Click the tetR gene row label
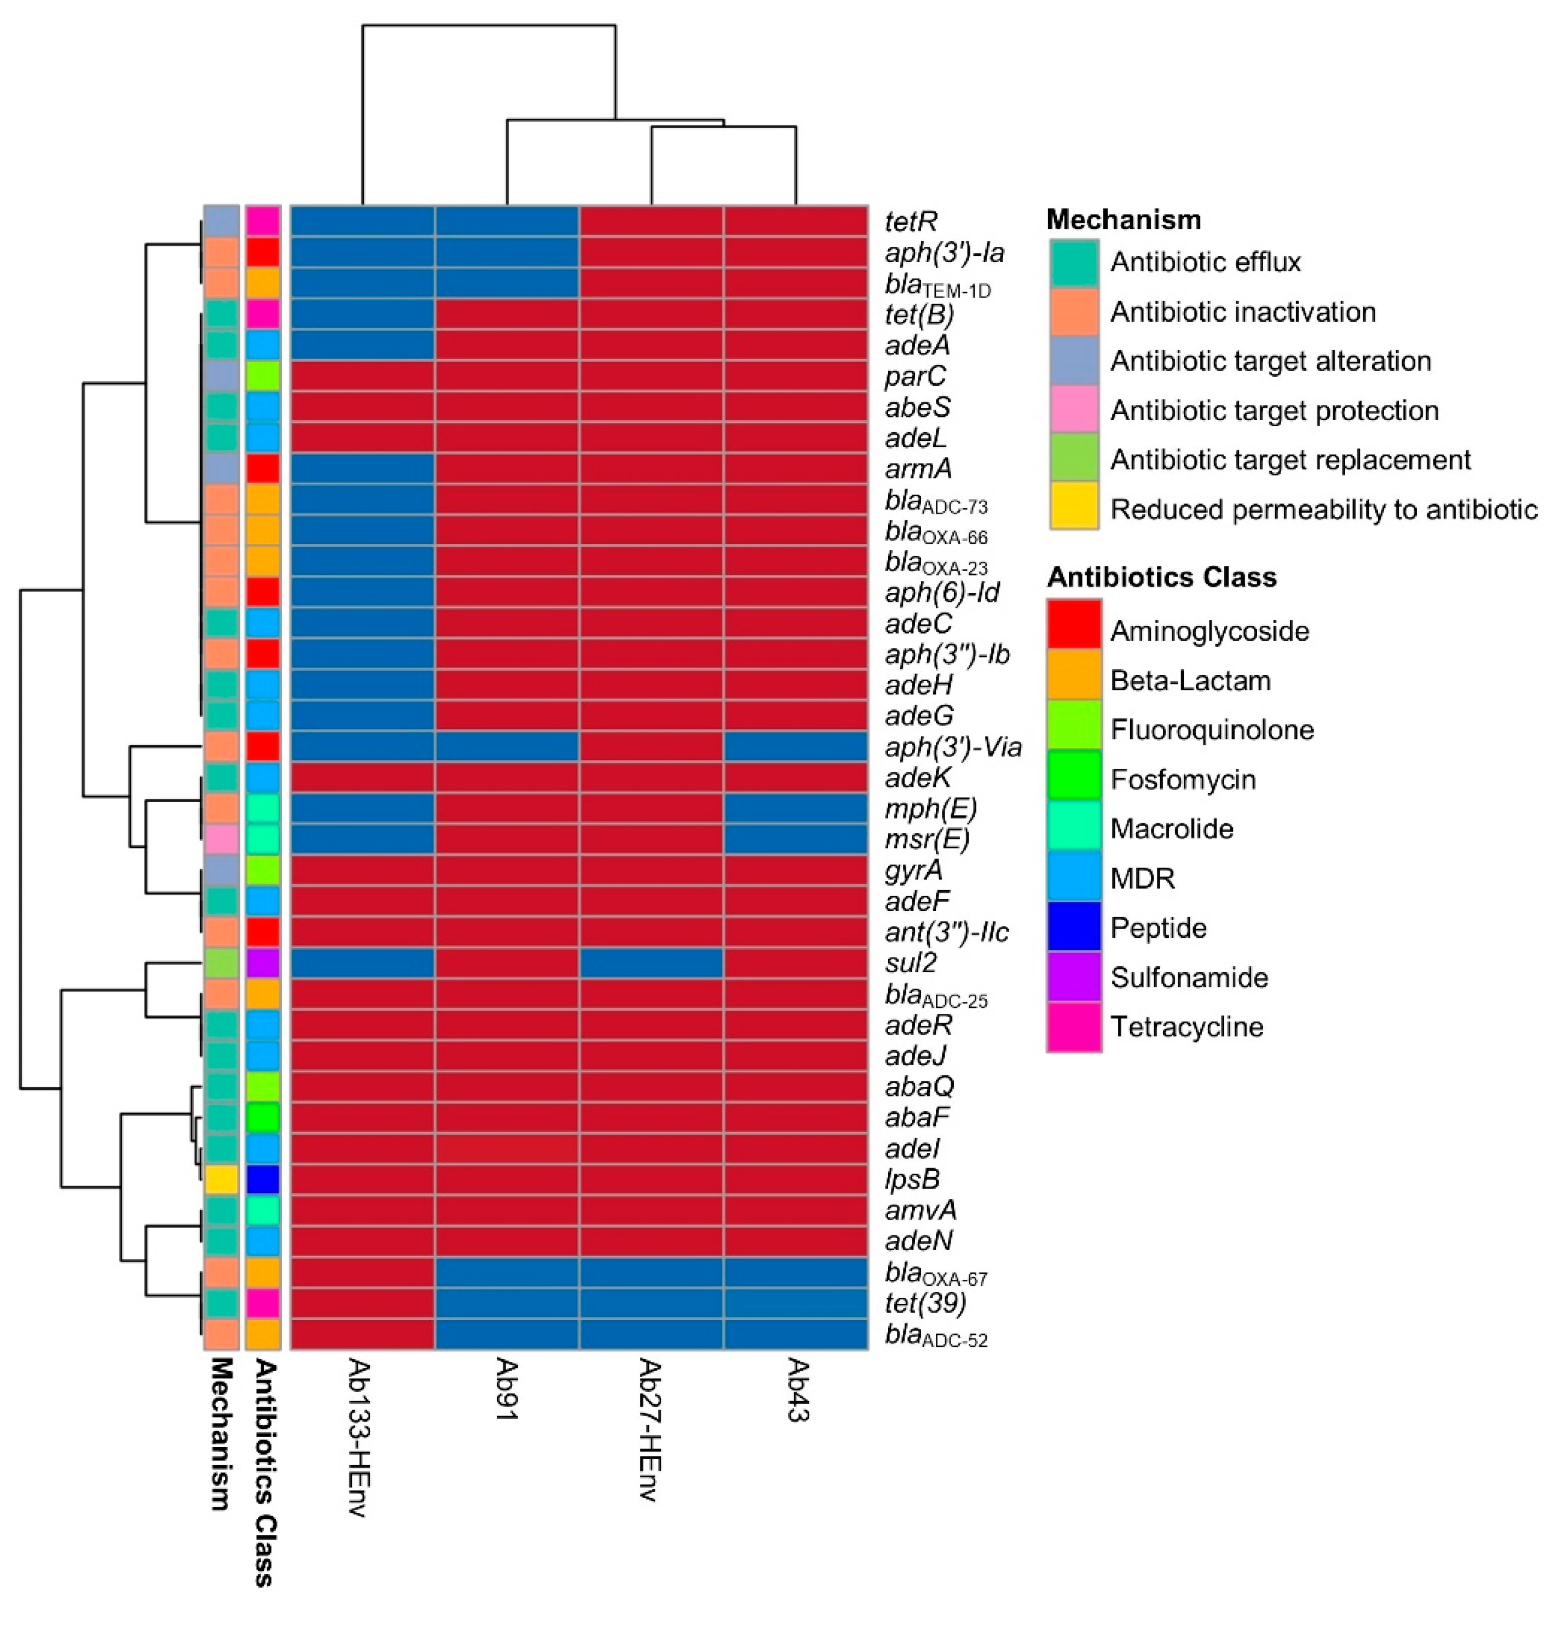[910, 222]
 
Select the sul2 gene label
[910, 962]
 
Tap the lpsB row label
[912, 1179]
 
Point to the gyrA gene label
[913, 870]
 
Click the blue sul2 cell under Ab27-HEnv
[651, 962]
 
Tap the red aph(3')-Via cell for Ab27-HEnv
[651, 747]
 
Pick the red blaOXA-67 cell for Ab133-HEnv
[362, 1272]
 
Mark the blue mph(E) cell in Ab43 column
[796, 808]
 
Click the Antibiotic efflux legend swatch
[1074, 263]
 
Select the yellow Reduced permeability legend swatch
[1074, 507]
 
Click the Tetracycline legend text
[1186, 1027]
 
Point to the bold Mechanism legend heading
[1122, 220]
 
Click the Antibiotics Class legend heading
[1161, 577]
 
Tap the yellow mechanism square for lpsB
[221, 1179]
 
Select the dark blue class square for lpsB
[263, 1179]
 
